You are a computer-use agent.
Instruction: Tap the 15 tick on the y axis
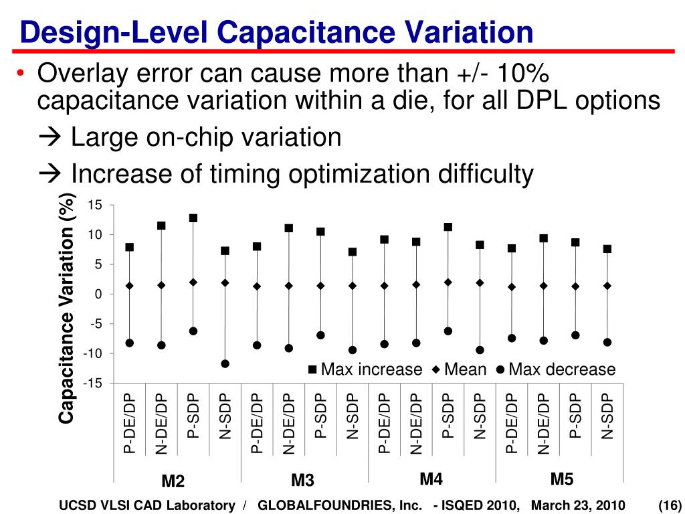tap(94, 205)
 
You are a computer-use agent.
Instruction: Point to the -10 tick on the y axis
tap(92, 353)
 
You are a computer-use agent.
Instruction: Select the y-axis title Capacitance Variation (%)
tap(66, 309)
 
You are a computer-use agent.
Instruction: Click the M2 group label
tap(173, 481)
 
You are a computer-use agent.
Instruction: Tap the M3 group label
tap(302, 481)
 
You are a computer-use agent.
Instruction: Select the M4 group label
tap(431, 479)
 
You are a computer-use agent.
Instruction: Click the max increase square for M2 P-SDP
tap(193, 218)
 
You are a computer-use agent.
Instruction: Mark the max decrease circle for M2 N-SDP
tap(225, 364)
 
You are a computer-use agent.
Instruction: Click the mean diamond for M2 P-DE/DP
tap(129, 286)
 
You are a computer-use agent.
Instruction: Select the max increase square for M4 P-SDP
tap(448, 228)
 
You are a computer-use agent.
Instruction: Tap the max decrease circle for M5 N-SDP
tap(607, 342)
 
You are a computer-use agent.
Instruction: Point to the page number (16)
tap(669, 505)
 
